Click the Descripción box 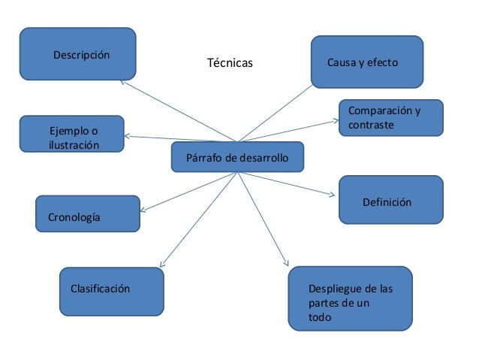coord(77,54)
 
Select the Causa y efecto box coord(367,61)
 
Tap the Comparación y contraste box coord(390,119)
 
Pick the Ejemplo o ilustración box coord(72,135)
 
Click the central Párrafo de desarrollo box coord(237,157)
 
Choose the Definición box coord(390,200)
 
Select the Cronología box coord(87,213)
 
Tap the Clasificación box coord(112,289)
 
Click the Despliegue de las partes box coord(350,298)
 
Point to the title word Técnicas coord(230,63)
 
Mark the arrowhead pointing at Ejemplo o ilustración coord(128,137)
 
